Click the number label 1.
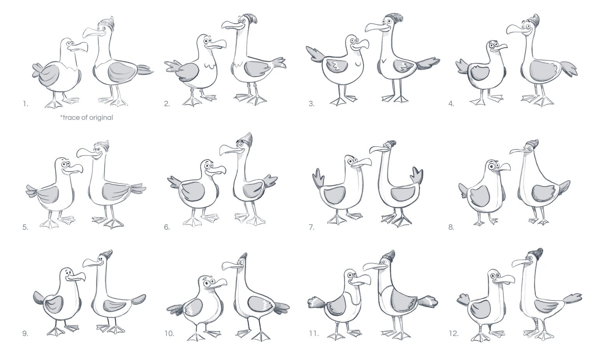25,104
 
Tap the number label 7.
312,227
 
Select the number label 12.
454,334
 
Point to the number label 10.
169,334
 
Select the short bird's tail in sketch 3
315,55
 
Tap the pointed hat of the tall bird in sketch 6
247,140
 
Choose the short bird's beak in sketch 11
361,280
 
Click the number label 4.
451,104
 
